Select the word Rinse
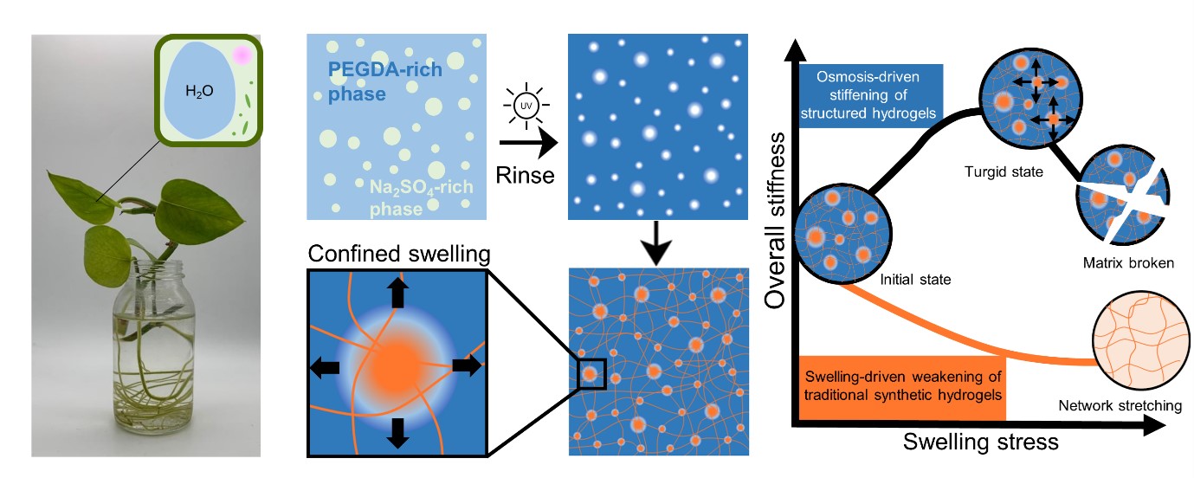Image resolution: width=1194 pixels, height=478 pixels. tap(525, 174)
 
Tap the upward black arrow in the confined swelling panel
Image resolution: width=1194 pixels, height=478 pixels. tap(397, 294)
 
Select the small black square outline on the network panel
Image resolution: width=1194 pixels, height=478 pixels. tap(591, 372)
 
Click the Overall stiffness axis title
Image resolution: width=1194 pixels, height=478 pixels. tap(778, 220)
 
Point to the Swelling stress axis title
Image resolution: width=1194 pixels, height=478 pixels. tap(980, 442)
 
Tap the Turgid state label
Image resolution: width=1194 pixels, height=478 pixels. tap(1004, 171)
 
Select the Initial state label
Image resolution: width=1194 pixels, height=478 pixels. tap(914, 280)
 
